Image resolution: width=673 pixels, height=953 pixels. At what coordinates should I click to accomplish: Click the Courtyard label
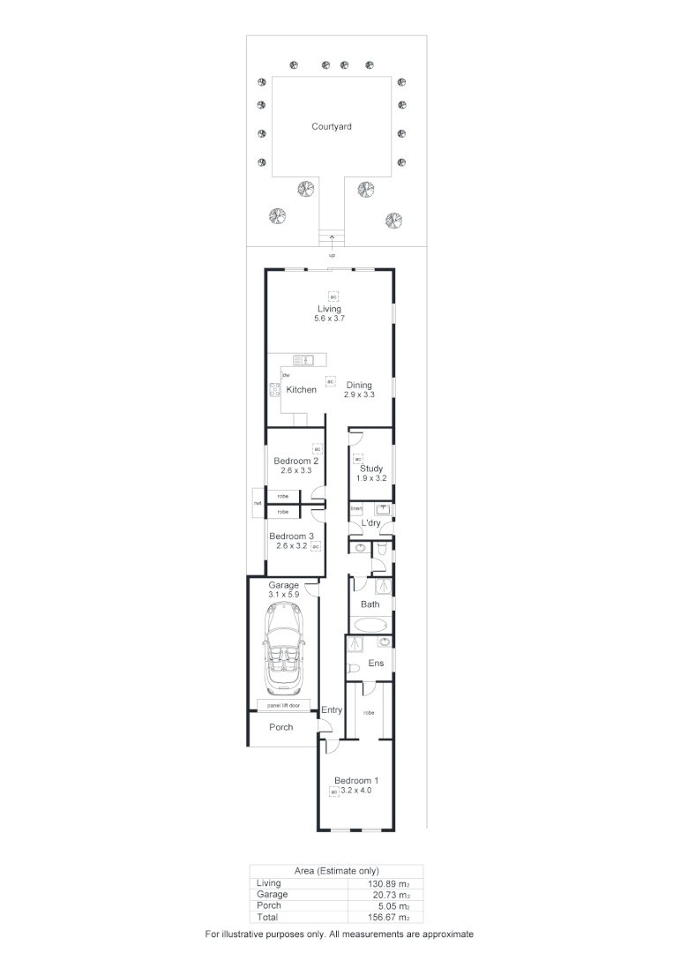coord(332,127)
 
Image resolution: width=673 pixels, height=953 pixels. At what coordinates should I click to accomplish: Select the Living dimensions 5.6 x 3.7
coord(329,319)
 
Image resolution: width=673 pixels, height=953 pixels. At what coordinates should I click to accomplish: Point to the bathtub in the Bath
coord(369,625)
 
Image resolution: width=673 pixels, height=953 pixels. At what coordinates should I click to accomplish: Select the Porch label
coord(280,727)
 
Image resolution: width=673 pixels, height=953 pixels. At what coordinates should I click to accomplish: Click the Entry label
coord(332,710)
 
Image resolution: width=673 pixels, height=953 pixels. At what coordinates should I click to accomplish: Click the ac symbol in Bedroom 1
coord(333,792)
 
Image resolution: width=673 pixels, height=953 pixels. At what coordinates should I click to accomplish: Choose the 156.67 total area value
coord(390,917)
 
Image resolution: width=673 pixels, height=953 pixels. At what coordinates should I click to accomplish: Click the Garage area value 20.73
coord(390,894)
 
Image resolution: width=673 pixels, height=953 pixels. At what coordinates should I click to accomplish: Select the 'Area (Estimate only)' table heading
coord(335,871)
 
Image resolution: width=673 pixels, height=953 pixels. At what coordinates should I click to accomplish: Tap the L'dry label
coord(370,523)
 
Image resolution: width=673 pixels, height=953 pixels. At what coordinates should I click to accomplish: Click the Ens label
coord(376,664)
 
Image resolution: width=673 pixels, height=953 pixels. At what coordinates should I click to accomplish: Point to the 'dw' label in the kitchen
coord(286,376)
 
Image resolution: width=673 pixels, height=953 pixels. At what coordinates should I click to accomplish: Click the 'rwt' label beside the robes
coord(258,504)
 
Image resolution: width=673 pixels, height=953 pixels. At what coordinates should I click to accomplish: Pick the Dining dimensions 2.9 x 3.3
coord(359,395)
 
